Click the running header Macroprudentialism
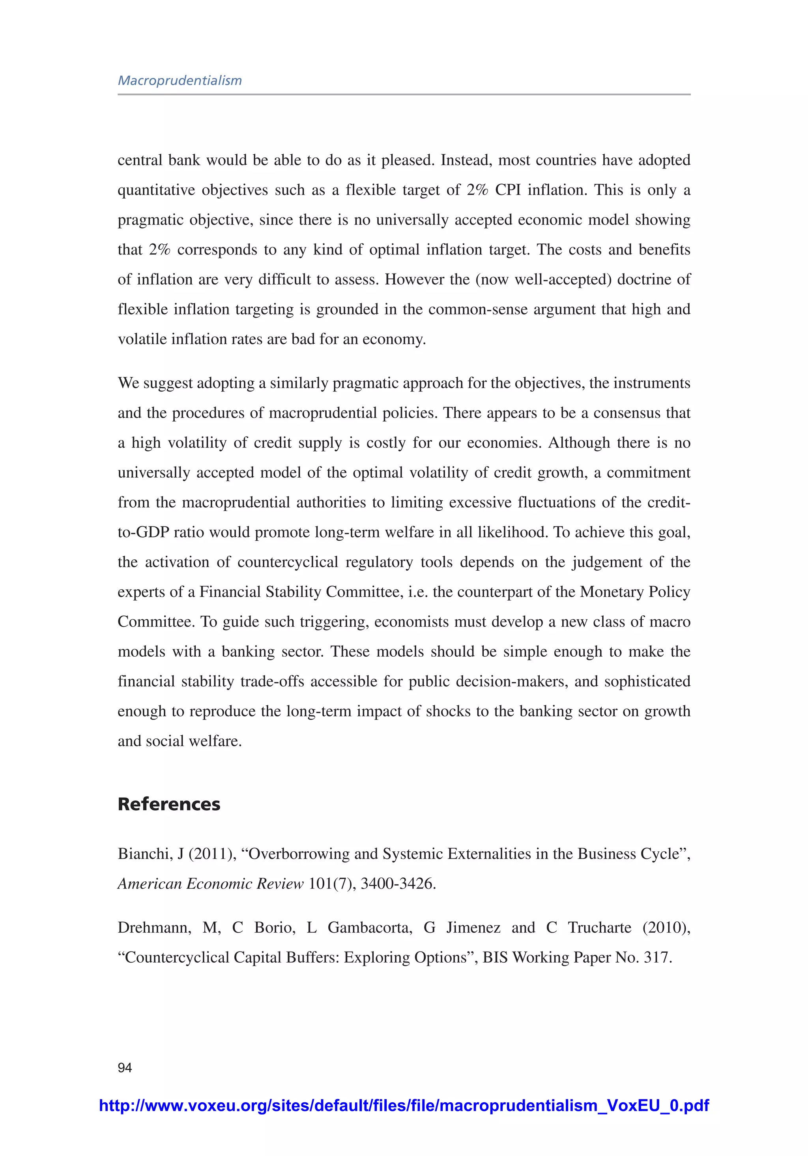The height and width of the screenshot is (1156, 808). (180, 81)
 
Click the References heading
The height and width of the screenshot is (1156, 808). (168, 804)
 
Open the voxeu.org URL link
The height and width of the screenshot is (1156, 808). (404, 1105)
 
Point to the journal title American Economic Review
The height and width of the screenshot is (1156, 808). (210, 884)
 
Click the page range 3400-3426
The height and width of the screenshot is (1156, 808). (398, 884)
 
